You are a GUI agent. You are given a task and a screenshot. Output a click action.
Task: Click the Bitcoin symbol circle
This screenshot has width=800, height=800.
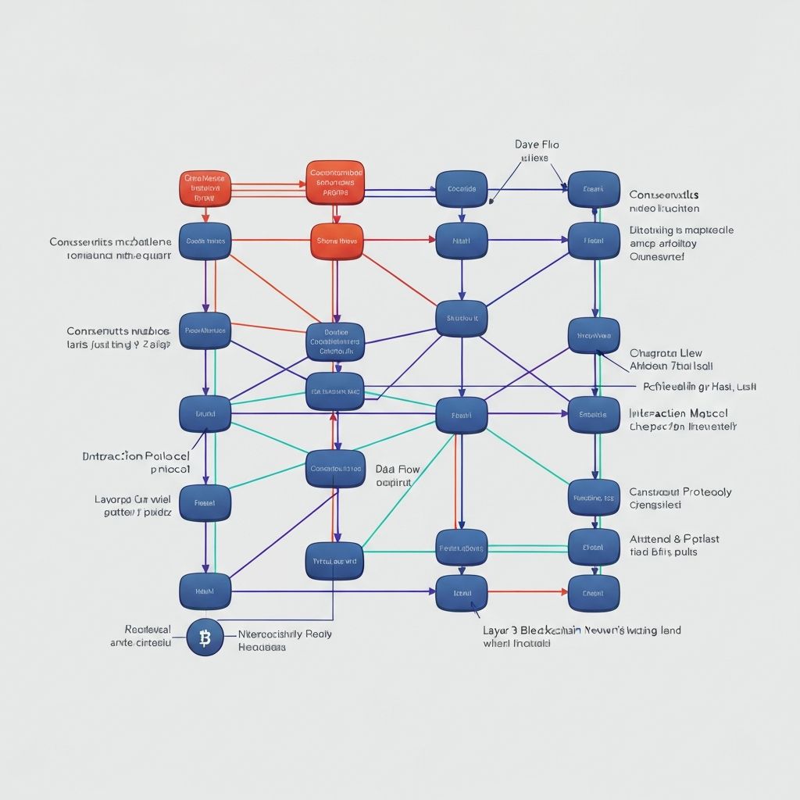(x=205, y=637)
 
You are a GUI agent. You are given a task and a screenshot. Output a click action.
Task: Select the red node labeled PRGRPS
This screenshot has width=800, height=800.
(x=336, y=183)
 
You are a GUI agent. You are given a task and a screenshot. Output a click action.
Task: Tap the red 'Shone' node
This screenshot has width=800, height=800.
(x=337, y=241)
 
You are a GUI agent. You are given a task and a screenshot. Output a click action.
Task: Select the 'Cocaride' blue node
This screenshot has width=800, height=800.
(x=461, y=189)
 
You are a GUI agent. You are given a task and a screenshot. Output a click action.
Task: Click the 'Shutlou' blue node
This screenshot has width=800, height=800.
(x=461, y=319)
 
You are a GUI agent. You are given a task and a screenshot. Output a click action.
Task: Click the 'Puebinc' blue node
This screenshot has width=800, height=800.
(x=461, y=548)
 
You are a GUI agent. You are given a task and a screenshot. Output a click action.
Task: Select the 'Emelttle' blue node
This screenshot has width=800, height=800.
(x=594, y=415)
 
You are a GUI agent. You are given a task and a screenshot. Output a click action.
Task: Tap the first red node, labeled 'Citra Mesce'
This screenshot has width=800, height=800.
(x=205, y=188)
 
